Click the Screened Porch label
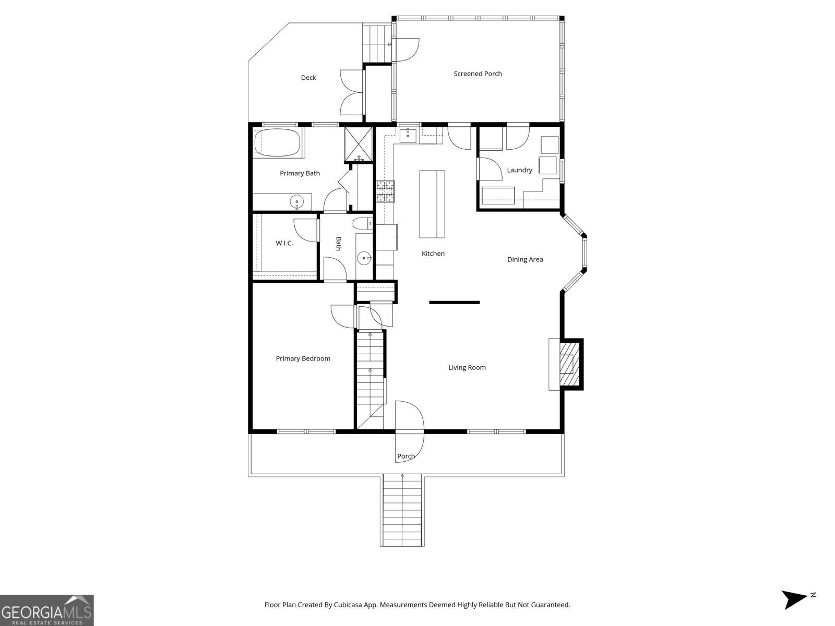(x=478, y=74)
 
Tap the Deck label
(x=308, y=78)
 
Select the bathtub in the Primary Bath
(x=277, y=143)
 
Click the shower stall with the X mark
(x=358, y=144)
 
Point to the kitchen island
(x=433, y=203)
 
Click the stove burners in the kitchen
(x=386, y=191)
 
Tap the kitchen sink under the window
(x=408, y=135)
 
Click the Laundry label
(x=519, y=170)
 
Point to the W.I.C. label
(x=284, y=243)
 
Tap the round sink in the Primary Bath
(x=297, y=201)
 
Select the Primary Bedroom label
(x=303, y=358)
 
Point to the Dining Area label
(x=525, y=259)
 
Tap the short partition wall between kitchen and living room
(x=454, y=302)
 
